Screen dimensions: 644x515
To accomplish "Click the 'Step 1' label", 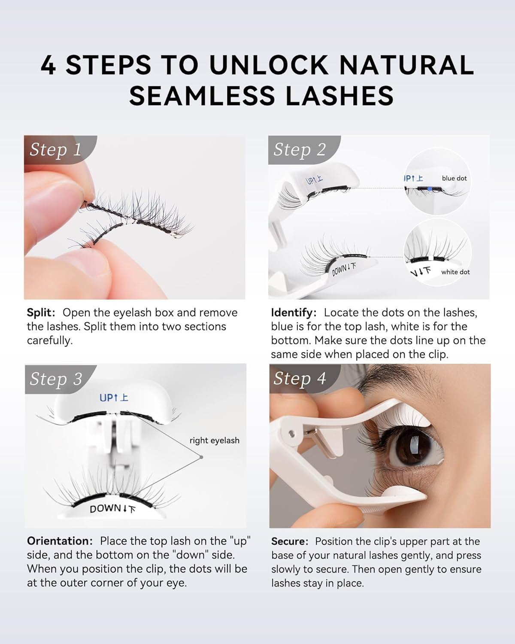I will (x=55, y=149).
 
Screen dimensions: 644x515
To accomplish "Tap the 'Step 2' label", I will (x=300, y=149).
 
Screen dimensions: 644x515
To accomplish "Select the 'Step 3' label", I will (x=56, y=379).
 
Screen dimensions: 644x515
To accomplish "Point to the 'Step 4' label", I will (x=300, y=379).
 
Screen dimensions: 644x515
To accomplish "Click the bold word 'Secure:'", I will (x=290, y=541).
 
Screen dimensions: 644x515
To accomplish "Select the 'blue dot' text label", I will (x=454, y=178).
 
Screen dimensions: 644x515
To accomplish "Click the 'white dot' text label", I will (x=455, y=272).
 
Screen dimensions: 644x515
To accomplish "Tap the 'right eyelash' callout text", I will (x=214, y=440).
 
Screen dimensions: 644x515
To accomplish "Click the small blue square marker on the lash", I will (x=430, y=189).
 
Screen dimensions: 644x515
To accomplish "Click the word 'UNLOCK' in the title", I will (x=269, y=65).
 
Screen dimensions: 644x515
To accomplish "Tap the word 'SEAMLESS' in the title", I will (x=204, y=96).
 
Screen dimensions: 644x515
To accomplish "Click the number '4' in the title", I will (x=48, y=65).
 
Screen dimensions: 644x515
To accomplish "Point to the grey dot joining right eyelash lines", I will (x=201, y=457).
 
